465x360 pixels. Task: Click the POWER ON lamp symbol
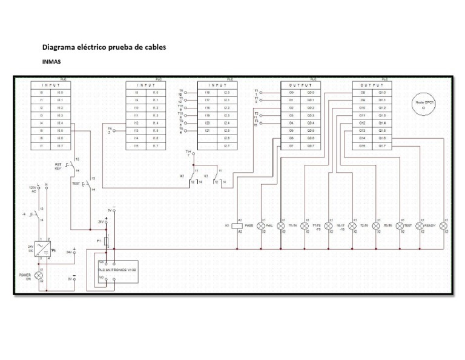[x=40, y=275]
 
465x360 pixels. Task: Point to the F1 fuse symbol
[x=107, y=241]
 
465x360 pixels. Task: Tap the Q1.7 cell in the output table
[x=382, y=146]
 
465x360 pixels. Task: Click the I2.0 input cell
[x=226, y=92]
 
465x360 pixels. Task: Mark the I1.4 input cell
[x=156, y=123]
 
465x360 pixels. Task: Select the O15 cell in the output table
[x=362, y=146]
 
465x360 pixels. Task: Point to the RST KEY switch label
[x=59, y=167]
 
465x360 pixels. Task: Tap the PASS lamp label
[x=249, y=226]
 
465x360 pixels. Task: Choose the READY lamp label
[x=430, y=226]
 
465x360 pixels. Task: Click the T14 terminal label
[x=188, y=152]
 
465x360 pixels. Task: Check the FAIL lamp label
[x=270, y=226]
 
